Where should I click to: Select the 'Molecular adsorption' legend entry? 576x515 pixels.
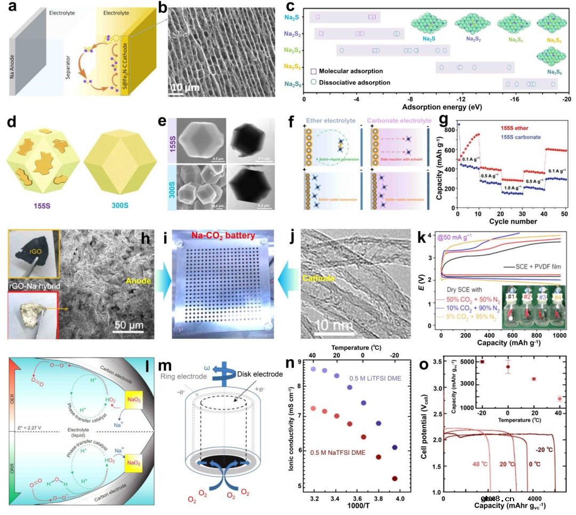pyautogui.click(x=356, y=71)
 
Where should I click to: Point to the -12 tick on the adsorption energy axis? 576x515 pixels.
pyautogui.click(x=461, y=99)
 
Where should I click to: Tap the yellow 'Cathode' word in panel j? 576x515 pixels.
pyautogui.click(x=318, y=278)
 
